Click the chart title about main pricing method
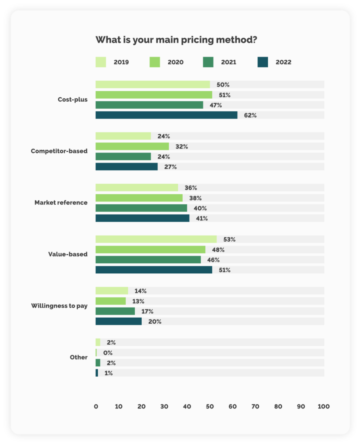tap(176, 40)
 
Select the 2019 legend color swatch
tap(101, 62)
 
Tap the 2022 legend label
tap(283, 62)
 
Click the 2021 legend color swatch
tap(208, 62)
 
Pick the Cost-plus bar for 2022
tap(166, 115)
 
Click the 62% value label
tap(250, 116)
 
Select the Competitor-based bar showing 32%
tap(132, 146)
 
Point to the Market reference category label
tap(61, 203)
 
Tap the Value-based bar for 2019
tap(156, 239)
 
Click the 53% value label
tap(230, 239)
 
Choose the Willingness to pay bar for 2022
tap(118, 321)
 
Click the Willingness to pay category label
tap(59, 306)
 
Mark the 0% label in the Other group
tap(108, 353)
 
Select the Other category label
tap(79, 357)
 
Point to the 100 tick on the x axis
tap(323, 407)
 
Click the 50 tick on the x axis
tap(210, 407)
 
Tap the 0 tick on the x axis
tap(96, 407)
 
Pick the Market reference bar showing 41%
tap(142, 218)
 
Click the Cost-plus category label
tap(73, 100)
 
